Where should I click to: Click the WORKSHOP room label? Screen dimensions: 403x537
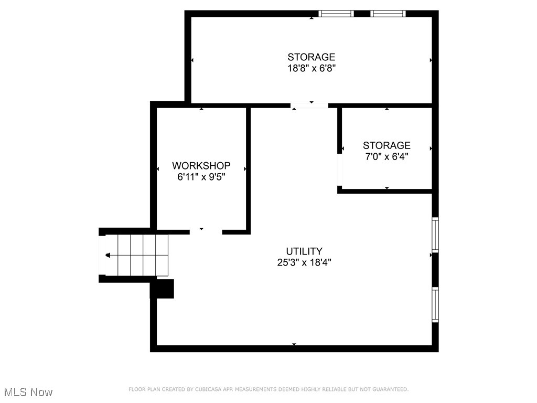click(x=201, y=166)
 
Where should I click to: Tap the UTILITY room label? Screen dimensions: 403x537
click(x=304, y=251)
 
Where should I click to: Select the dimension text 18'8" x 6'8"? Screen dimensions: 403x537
click(x=312, y=68)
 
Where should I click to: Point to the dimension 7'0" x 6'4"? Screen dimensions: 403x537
click(x=386, y=156)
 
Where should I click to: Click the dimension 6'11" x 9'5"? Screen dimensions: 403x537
click(x=201, y=177)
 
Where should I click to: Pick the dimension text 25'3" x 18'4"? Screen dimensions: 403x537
click(x=304, y=262)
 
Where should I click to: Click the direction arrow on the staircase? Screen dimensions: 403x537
click(x=108, y=256)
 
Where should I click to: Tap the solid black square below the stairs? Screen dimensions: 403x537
click(x=163, y=289)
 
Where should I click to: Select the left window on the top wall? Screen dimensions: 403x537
click(x=336, y=14)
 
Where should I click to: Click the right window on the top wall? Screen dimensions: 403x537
click(x=388, y=14)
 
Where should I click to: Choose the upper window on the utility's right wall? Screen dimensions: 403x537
click(x=435, y=235)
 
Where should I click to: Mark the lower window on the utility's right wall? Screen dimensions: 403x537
click(x=435, y=304)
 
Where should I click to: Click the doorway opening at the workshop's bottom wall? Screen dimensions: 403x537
click(x=206, y=231)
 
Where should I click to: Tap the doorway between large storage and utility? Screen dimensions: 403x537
click(x=309, y=105)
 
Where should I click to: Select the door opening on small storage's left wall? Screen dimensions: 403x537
click(x=340, y=171)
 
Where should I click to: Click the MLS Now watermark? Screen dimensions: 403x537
click(x=28, y=392)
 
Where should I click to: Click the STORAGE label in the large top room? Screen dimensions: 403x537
click(x=312, y=57)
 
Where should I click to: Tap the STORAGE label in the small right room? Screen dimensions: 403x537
click(x=386, y=145)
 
